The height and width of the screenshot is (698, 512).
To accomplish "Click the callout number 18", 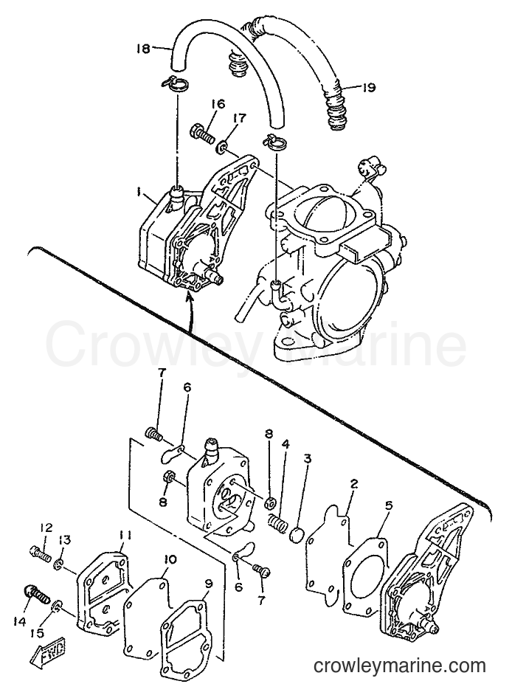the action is [143, 49].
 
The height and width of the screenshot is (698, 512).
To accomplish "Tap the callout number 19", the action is [369, 87].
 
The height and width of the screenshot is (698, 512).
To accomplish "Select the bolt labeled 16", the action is [203, 132].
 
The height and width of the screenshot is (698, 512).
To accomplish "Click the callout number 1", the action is [139, 192].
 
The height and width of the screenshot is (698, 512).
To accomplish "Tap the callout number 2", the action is [353, 484].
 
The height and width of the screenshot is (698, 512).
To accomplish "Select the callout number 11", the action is [124, 536].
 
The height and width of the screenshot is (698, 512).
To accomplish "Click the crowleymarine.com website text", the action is [399, 666].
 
